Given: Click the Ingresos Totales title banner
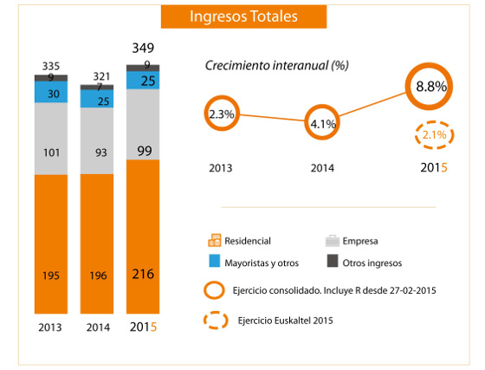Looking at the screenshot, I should coord(243,16).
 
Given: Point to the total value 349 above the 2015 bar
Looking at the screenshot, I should coord(143,47).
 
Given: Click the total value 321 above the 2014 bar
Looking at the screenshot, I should coord(97,75).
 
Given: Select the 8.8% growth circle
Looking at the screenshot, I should coord(430,88).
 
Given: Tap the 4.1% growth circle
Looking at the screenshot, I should coord(325,123).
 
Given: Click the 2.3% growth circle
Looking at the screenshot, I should coord(221,113).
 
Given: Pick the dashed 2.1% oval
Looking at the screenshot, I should coord(434,134).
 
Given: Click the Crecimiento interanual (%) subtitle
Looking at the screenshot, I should coord(276,65).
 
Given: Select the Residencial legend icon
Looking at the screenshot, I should coord(214,240).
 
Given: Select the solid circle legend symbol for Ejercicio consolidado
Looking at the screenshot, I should coord(217,290).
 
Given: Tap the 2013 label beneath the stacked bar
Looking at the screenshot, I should coord(51,328).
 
